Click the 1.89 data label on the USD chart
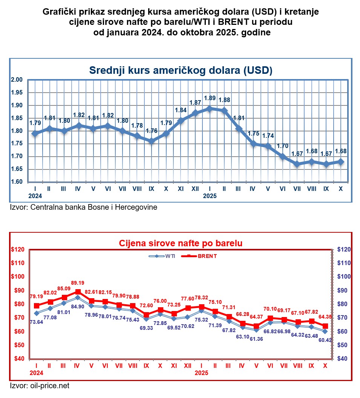210,98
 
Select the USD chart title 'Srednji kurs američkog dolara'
181,70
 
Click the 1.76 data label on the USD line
151,132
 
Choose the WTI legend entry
165,256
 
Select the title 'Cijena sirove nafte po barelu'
181,243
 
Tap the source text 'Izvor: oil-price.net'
39,386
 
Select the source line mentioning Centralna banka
83,207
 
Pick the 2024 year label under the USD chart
35,196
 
